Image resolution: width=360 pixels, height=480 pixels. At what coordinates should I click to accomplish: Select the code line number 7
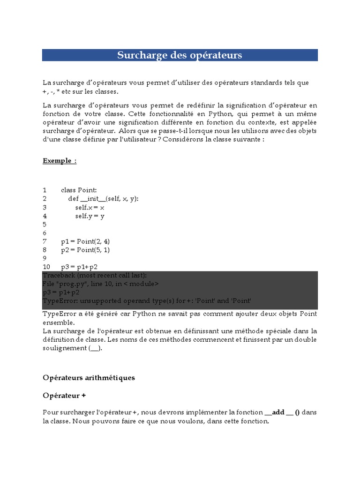(45, 241)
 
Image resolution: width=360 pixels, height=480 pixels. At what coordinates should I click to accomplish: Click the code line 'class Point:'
(79, 190)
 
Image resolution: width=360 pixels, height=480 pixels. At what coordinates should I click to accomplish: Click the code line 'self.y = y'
(90, 216)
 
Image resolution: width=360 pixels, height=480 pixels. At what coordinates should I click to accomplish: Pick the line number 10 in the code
(46, 267)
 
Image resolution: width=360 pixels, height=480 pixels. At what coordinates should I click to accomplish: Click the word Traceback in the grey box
(59, 275)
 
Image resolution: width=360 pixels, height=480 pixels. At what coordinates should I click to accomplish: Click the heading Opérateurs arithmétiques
(89, 378)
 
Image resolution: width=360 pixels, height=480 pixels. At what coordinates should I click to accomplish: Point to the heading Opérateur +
(64, 396)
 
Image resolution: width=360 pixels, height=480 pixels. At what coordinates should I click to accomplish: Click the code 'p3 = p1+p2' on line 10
(79, 267)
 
